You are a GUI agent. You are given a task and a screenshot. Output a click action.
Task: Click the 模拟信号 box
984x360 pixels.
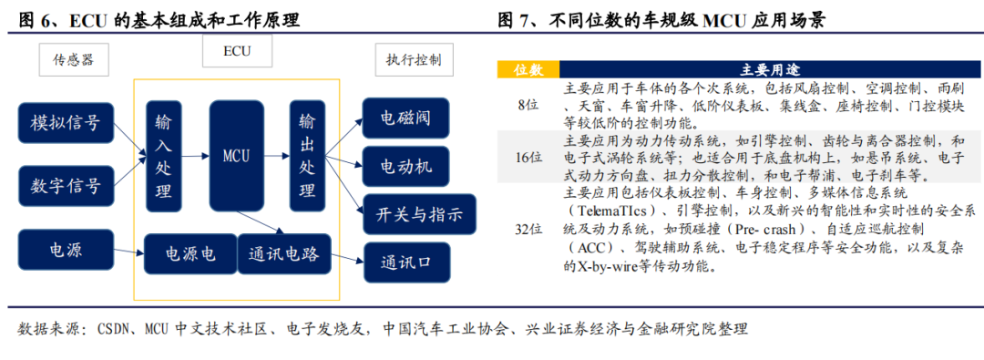coord(66,124)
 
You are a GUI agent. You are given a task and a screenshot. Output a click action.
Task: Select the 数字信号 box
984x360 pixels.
coord(66,188)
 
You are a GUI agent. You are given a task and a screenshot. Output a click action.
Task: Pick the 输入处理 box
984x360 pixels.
coord(163,156)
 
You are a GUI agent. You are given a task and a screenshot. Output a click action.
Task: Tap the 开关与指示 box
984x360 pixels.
coord(418,215)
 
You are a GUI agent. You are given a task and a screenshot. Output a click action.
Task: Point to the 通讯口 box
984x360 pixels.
coord(405,264)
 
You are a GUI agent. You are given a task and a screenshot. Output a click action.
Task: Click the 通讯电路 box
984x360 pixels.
coord(283,254)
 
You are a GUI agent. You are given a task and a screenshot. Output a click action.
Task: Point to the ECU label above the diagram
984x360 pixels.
coord(237,52)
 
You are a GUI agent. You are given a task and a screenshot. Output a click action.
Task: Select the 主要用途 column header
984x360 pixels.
coord(759,69)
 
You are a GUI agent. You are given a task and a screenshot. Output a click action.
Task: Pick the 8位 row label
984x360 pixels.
coord(528,105)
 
